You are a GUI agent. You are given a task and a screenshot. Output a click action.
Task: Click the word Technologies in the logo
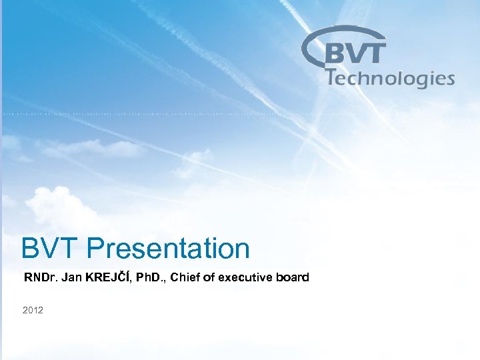(x=391, y=79)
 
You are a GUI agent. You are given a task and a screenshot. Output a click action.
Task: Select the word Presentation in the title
(x=168, y=249)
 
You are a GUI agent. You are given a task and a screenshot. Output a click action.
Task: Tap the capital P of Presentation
(x=96, y=249)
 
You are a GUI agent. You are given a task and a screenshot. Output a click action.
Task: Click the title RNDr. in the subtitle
(x=41, y=277)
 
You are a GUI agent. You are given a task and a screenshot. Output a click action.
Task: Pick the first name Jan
(x=71, y=277)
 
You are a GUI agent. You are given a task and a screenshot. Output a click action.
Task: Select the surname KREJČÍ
(x=107, y=277)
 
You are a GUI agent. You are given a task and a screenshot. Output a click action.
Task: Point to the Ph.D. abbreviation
(x=150, y=277)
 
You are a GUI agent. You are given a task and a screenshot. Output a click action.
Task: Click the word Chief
(x=185, y=277)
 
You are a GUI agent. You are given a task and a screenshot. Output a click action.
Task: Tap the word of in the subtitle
(x=208, y=277)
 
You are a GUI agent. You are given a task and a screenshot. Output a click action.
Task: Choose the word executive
(x=244, y=277)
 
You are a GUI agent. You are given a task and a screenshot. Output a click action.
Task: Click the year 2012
(x=33, y=310)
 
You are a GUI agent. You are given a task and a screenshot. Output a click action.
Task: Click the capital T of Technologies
(x=332, y=77)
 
